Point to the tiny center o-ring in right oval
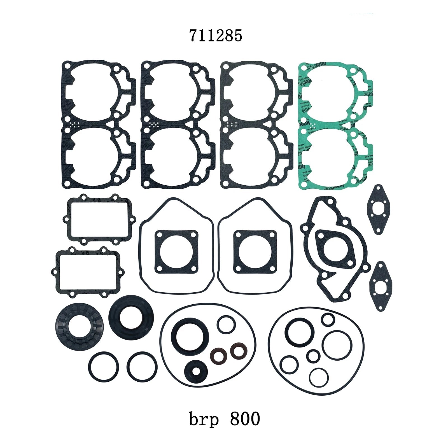coord(312,356)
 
